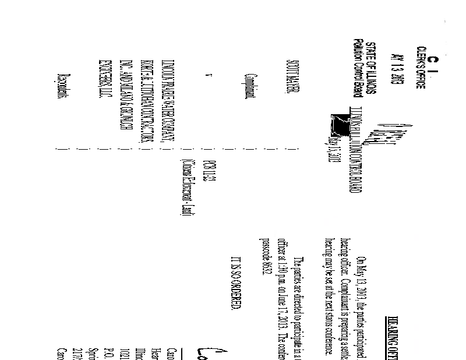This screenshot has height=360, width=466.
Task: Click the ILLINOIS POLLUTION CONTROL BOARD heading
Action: [x=345, y=156]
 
